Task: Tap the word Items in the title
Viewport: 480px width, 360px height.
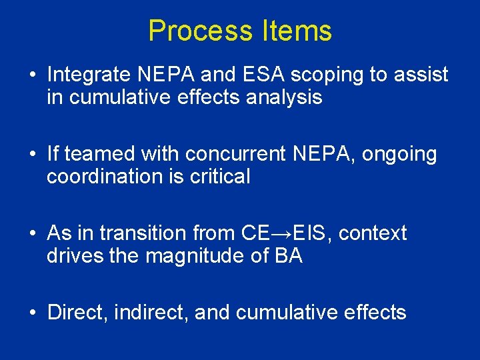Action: tap(297, 31)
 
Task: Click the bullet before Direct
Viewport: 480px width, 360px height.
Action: tap(32, 313)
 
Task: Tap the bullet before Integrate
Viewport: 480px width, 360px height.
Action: tap(32, 75)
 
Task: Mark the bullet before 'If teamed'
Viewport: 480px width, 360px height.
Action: tap(32, 155)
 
